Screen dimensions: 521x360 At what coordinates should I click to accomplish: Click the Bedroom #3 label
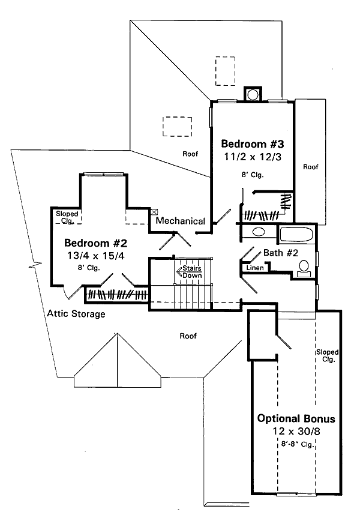(248, 144)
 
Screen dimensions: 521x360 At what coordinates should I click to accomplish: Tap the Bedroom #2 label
(97, 243)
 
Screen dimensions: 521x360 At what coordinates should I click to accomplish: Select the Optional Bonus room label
(296, 418)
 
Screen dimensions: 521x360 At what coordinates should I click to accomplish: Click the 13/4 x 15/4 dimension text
(97, 256)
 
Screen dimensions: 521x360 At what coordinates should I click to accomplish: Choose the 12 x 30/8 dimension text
(296, 432)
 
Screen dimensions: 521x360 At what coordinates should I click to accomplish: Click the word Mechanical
(181, 221)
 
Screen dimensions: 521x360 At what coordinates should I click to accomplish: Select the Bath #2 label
(281, 253)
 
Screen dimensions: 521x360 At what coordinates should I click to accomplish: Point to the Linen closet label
(255, 268)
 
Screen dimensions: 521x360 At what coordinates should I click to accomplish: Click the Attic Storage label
(76, 314)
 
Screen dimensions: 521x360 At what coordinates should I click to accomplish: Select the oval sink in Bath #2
(259, 232)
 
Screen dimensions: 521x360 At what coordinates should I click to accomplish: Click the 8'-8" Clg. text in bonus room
(296, 445)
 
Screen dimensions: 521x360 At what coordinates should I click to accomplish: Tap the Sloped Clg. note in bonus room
(328, 356)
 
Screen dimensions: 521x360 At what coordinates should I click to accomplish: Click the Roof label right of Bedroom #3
(310, 167)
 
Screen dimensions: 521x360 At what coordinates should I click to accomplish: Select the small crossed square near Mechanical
(154, 211)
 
